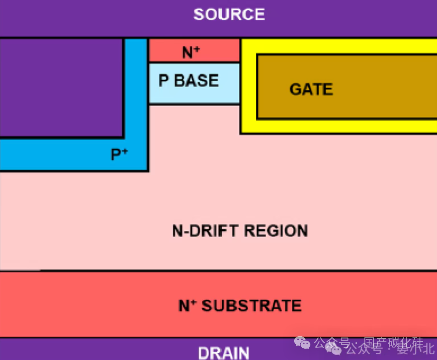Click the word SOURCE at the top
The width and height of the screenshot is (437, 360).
tap(229, 15)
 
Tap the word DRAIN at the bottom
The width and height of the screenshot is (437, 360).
tap(223, 353)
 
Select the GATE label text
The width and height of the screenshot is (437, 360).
tap(311, 89)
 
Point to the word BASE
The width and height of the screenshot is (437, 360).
tap(197, 81)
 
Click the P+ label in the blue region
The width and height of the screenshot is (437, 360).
tap(119, 154)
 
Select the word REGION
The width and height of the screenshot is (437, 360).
tap(276, 231)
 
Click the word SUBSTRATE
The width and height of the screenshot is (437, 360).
tap(251, 305)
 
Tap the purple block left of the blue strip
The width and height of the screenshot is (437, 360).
tap(61, 87)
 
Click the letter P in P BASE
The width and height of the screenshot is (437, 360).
tap(163, 81)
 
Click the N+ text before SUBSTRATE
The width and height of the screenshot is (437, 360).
tap(185, 305)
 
